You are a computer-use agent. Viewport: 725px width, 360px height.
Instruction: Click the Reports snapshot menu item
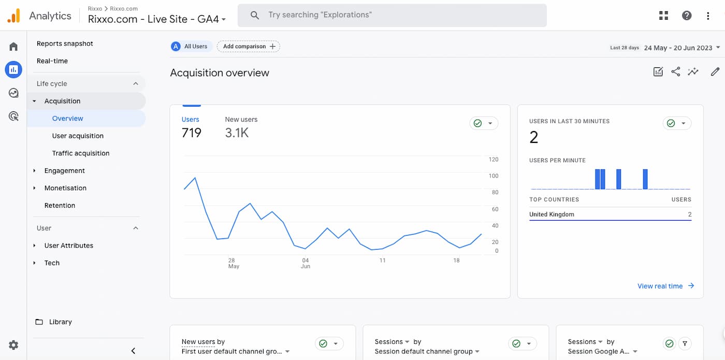click(65, 44)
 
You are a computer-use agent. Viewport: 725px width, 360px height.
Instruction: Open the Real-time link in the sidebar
click(52, 61)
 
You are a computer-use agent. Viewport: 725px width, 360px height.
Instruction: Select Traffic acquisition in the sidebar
click(81, 153)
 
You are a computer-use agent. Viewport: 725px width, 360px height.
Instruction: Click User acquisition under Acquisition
click(78, 136)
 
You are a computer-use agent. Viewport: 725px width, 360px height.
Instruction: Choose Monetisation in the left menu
click(65, 188)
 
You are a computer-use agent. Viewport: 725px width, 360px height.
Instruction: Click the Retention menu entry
click(60, 206)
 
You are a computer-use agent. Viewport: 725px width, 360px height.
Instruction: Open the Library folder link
click(60, 322)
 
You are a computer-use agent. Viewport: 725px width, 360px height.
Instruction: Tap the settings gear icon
click(13, 345)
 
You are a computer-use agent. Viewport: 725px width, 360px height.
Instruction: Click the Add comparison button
click(249, 47)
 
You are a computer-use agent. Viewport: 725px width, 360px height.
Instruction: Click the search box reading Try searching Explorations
click(392, 16)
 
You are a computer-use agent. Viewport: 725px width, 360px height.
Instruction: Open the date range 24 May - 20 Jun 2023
click(678, 48)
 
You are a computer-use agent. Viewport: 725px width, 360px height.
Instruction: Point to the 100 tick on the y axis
click(493, 176)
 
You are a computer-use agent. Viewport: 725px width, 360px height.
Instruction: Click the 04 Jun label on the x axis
click(306, 263)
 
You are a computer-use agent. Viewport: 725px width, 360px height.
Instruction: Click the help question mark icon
click(687, 16)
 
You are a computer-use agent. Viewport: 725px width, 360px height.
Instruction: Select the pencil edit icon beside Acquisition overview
click(715, 72)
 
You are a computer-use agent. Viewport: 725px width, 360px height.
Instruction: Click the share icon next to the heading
click(675, 72)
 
